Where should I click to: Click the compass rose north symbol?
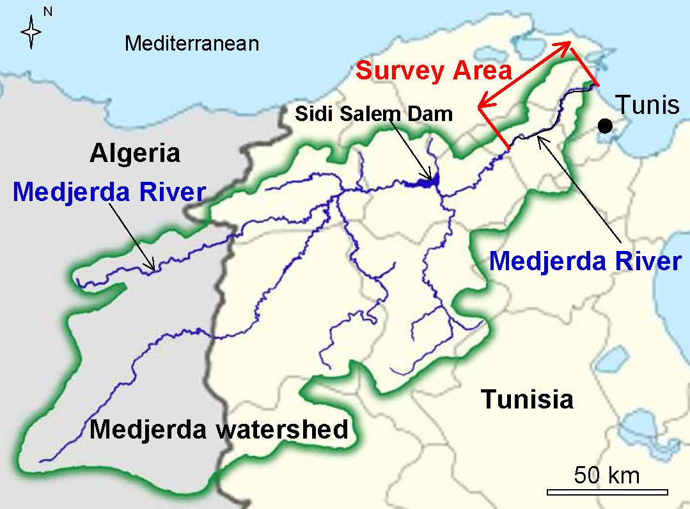click(x=31, y=33)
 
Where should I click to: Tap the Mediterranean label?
click(x=192, y=44)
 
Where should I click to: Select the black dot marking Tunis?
click(x=604, y=126)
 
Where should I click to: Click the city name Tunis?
click(x=647, y=104)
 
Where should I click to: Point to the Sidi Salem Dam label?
click(x=373, y=115)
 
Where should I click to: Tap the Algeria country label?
click(x=135, y=154)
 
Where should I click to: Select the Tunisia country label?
click(x=527, y=399)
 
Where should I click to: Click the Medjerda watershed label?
click(x=219, y=429)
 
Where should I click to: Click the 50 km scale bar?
click(x=607, y=492)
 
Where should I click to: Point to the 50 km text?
click(x=607, y=475)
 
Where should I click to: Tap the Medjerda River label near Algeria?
click(x=109, y=191)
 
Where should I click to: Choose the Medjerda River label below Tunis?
click(x=585, y=261)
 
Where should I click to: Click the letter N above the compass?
click(x=47, y=12)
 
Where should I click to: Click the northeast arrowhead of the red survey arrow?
click(x=565, y=45)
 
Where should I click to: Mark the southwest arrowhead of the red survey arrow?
click(x=483, y=104)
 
